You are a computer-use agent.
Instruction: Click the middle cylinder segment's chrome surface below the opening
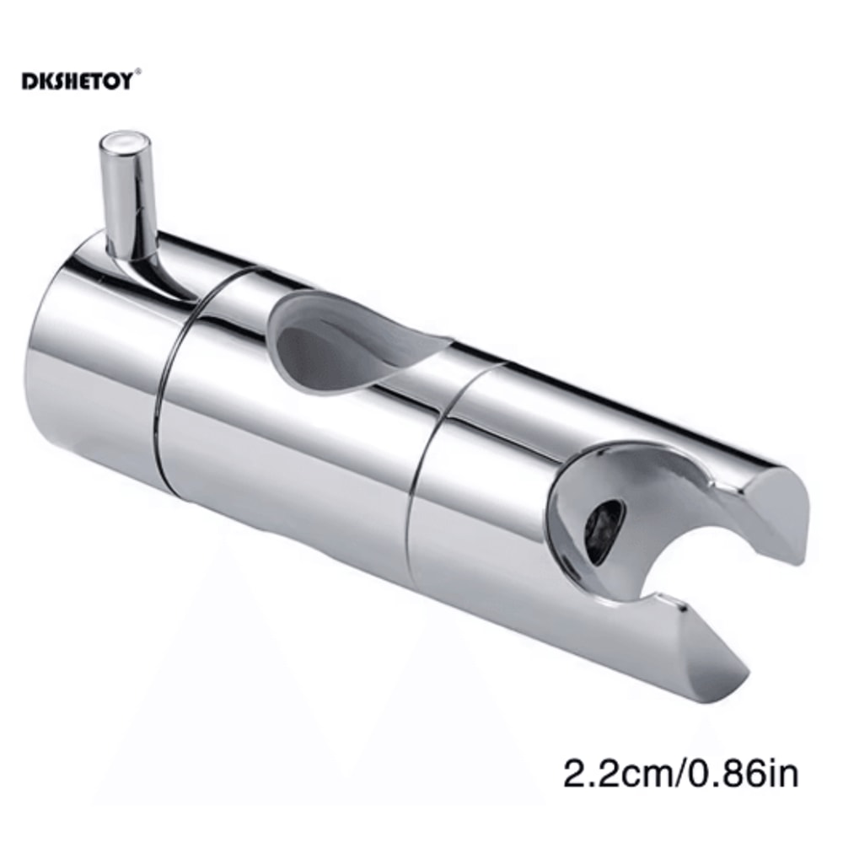pyautogui.click(x=295, y=472)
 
